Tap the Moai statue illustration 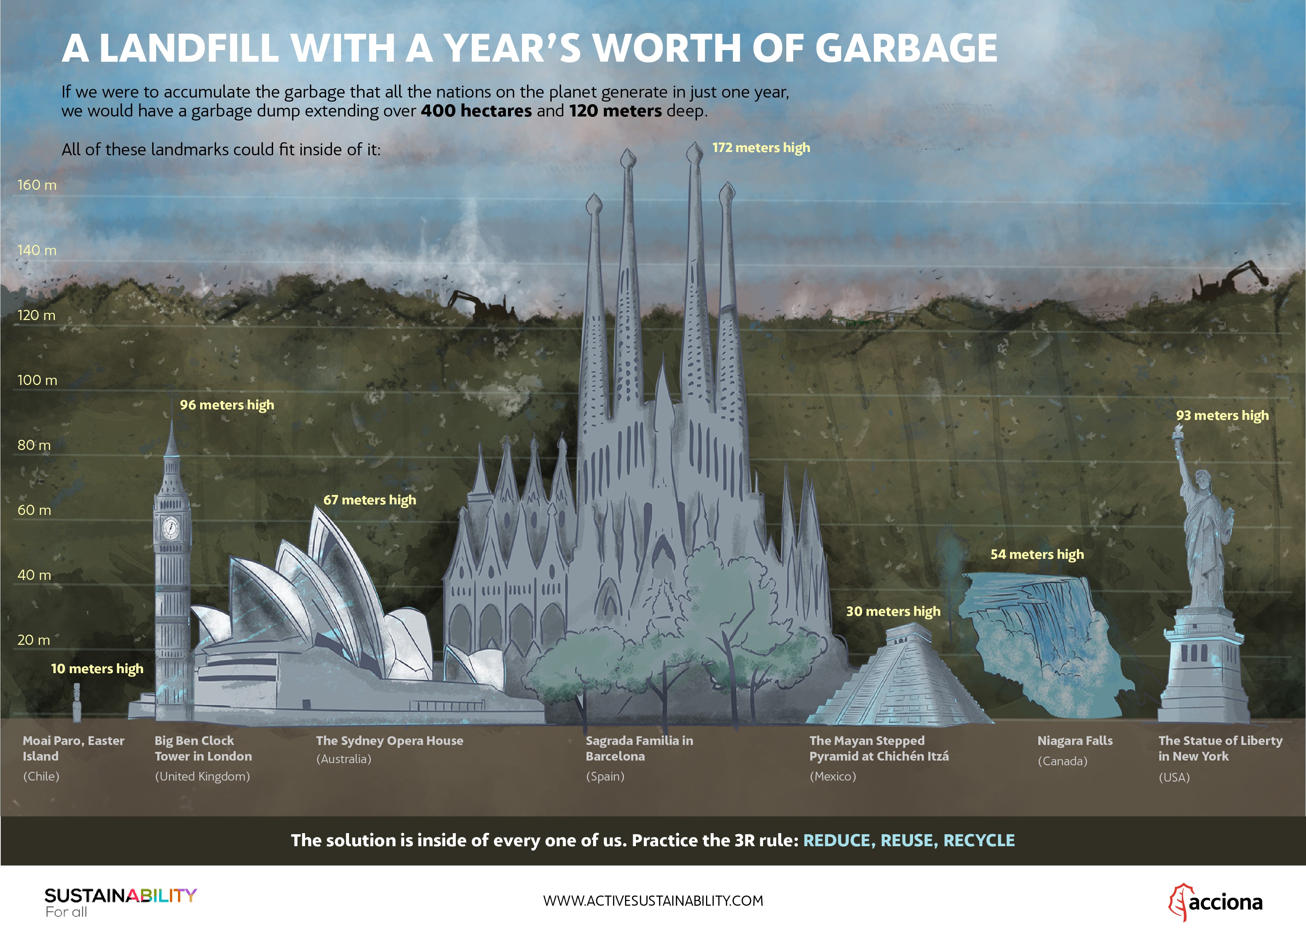click(77, 702)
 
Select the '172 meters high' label click(761, 148)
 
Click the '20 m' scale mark click(33, 640)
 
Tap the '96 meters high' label click(227, 405)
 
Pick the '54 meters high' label click(1037, 555)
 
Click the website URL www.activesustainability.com click(653, 901)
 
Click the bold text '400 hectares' click(476, 110)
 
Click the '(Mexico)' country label click(833, 776)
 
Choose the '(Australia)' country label click(344, 759)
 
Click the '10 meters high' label click(97, 669)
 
